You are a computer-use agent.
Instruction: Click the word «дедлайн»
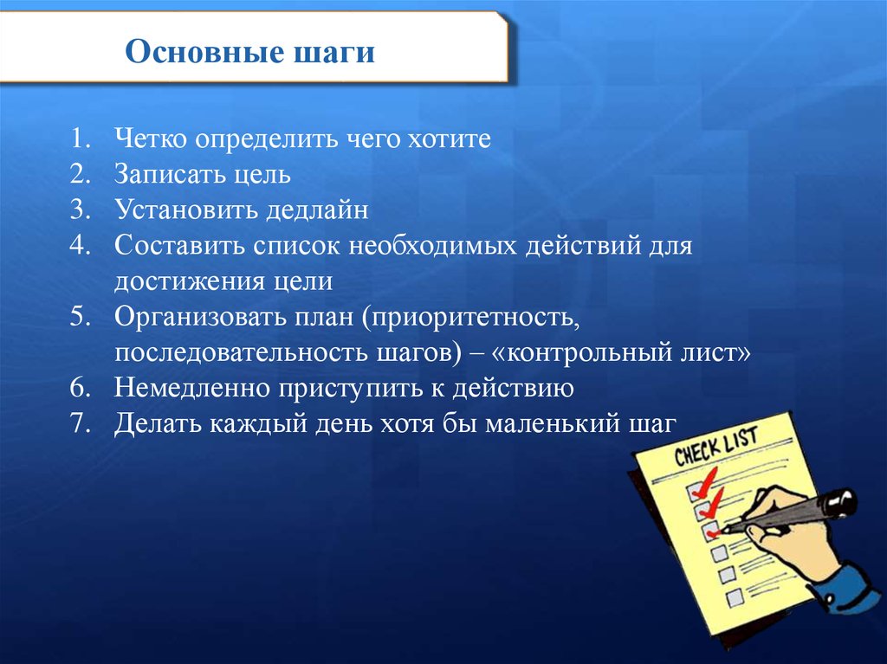coord(317,210)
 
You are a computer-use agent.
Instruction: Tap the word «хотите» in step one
coord(450,139)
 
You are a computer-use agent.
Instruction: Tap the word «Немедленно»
coord(191,388)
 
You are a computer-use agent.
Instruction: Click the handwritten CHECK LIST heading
coord(715,446)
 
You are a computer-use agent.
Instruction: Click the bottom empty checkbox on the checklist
coord(734,596)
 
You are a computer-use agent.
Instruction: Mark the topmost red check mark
coord(703,480)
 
